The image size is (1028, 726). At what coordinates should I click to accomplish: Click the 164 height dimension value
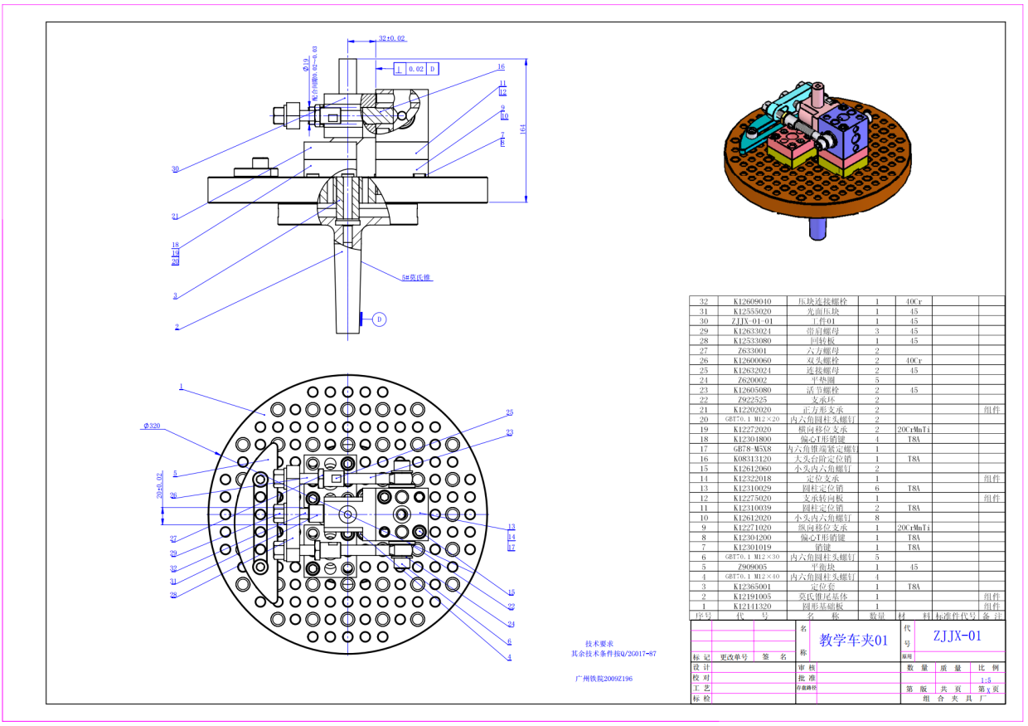tap(523, 129)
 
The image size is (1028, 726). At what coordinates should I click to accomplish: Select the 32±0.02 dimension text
tap(392, 38)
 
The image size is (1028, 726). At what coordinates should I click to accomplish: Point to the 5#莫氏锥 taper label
tap(417, 277)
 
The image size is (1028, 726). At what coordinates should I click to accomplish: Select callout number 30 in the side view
tap(175, 168)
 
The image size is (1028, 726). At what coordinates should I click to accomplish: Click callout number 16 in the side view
tap(501, 66)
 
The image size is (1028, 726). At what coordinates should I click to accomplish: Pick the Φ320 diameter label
tap(151, 426)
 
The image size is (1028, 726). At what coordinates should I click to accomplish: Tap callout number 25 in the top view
tap(510, 412)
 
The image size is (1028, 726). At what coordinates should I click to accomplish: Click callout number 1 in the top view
tap(181, 387)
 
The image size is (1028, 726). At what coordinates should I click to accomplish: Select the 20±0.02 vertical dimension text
tap(159, 488)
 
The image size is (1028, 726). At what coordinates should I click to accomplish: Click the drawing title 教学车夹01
tap(853, 640)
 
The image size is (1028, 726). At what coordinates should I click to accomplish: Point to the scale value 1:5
tap(984, 678)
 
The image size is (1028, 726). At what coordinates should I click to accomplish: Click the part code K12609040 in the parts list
tap(752, 301)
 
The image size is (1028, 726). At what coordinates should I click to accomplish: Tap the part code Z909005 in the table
tap(752, 567)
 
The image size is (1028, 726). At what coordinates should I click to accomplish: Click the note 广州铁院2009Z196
tap(604, 678)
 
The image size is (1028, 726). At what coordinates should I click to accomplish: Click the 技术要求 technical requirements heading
tap(599, 643)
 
